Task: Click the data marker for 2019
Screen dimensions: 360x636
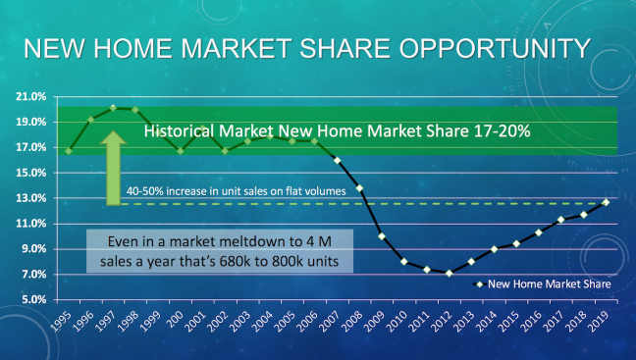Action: (x=606, y=202)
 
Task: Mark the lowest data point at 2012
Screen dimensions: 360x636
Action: (x=450, y=273)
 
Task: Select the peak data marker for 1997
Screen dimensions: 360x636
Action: (x=113, y=108)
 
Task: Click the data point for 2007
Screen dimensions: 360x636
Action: (x=337, y=160)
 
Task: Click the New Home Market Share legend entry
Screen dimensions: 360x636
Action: (x=544, y=284)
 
